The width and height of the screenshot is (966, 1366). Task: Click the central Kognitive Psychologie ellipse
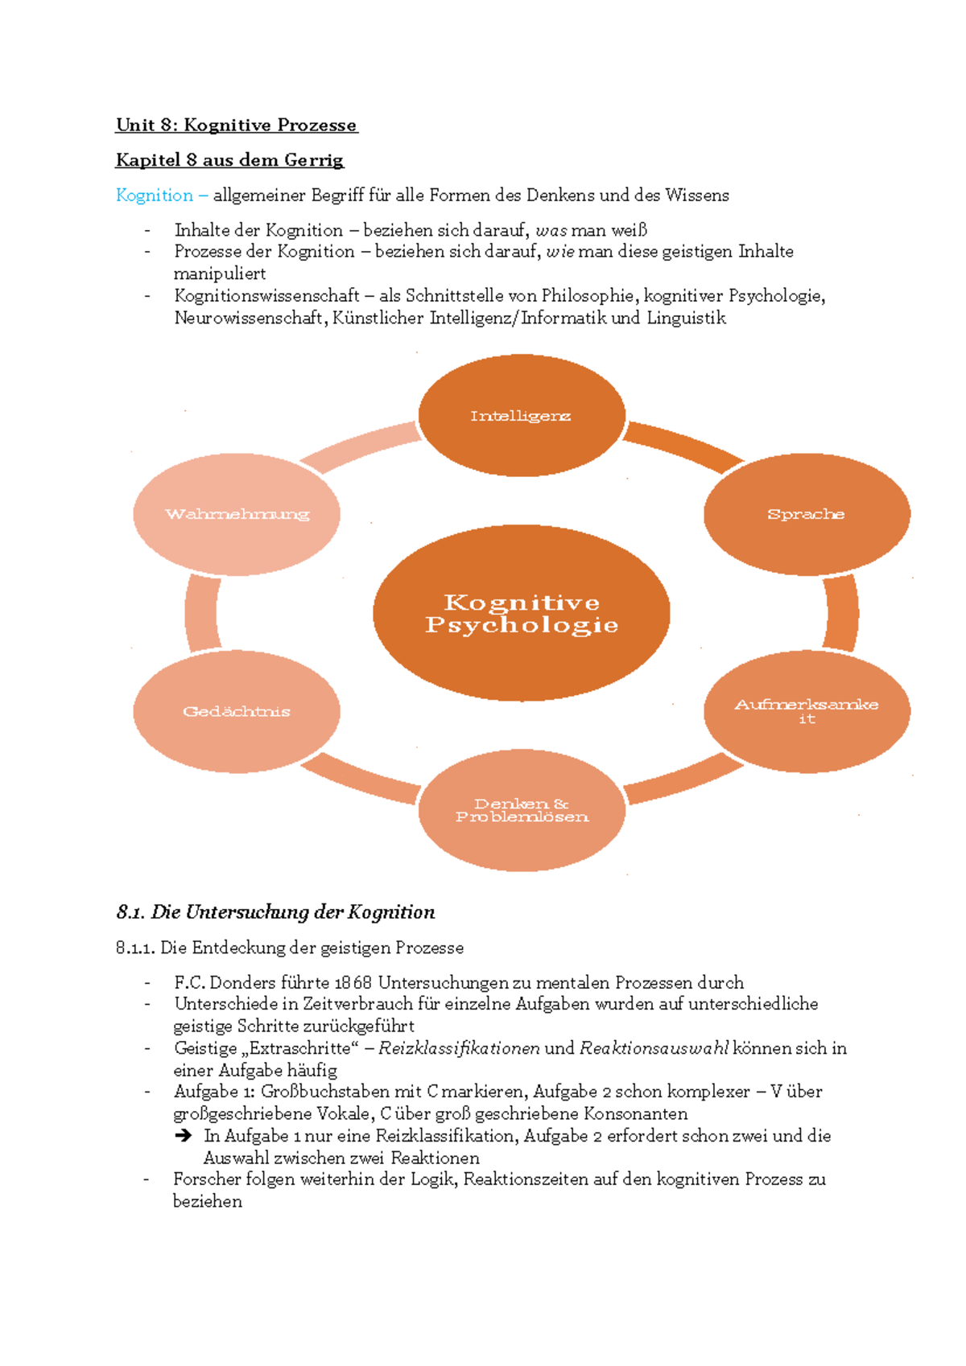click(x=522, y=613)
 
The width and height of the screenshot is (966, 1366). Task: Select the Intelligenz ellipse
click(x=522, y=415)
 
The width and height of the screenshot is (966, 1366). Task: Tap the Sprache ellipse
click(x=807, y=514)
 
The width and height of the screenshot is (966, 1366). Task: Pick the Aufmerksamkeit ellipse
click(x=807, y=711)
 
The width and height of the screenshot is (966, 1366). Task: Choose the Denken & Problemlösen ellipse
click(x=522, y=810)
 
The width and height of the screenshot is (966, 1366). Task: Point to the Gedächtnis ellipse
click(x=237, y=711)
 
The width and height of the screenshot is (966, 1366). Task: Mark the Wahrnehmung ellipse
click(x=237, y=514)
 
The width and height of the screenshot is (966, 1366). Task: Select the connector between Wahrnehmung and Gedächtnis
click(x=201, y=613)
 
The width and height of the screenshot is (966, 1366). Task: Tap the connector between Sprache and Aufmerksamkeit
click(x=842, y=613)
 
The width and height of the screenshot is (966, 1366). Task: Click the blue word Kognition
click(x=155, y=195)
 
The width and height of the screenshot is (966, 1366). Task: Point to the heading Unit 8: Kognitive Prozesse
click(x=236, y=125)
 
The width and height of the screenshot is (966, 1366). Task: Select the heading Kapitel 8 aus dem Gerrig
click(x=229, y=160)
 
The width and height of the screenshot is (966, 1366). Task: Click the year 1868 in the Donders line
click(x=353, y=982)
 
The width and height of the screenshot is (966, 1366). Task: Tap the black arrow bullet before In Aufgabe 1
click(x=184, y=1136)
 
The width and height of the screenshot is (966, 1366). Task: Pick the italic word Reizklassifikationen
click(x=459, y=1048)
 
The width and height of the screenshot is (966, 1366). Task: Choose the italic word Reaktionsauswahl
click(x=654, y=1048)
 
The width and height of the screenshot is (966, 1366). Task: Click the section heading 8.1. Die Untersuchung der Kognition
click(x=275, y=912)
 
